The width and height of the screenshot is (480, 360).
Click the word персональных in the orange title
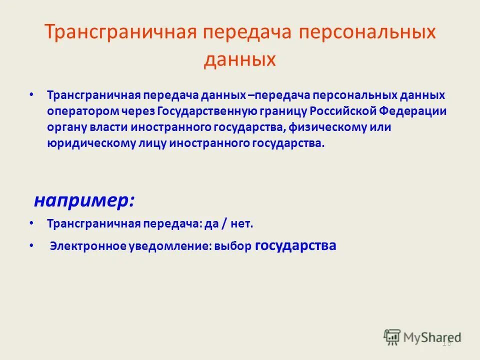(367, 33)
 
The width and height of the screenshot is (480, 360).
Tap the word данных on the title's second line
(240, 59)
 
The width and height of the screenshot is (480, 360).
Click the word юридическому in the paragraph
(82, 143)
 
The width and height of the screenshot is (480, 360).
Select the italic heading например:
(84, 200)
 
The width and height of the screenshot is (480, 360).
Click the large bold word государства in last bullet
(295, 246)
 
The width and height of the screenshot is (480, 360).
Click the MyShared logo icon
(393, 337)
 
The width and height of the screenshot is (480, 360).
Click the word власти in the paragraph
(109, 127)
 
